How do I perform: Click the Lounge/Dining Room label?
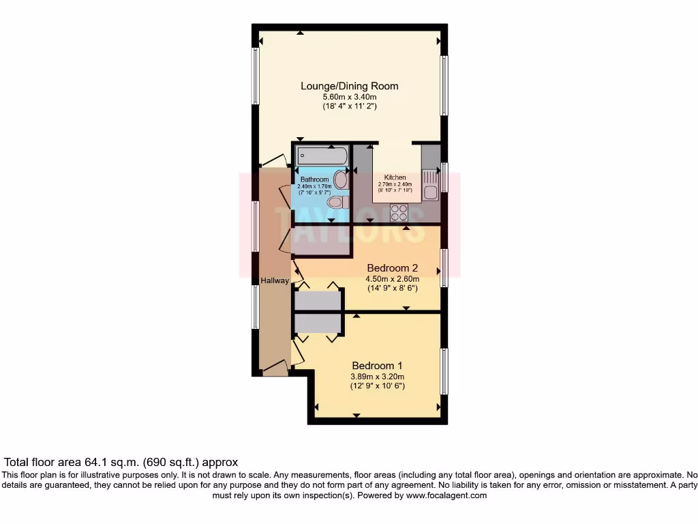350,86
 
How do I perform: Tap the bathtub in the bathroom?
321,156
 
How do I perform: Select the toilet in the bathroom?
337,203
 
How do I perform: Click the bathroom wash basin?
339,179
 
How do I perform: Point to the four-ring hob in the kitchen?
397,213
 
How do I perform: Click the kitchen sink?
430,184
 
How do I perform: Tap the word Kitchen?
395,177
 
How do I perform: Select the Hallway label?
275,280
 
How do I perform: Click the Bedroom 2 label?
392,267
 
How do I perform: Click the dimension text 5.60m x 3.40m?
350,97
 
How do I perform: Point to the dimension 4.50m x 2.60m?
392,278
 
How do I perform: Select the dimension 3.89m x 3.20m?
377,376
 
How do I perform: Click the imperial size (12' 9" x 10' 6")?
377,386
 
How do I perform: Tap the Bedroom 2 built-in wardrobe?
318,300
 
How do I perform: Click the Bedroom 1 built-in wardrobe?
318,323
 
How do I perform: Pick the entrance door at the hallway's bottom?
275,368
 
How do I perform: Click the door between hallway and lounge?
274,161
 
